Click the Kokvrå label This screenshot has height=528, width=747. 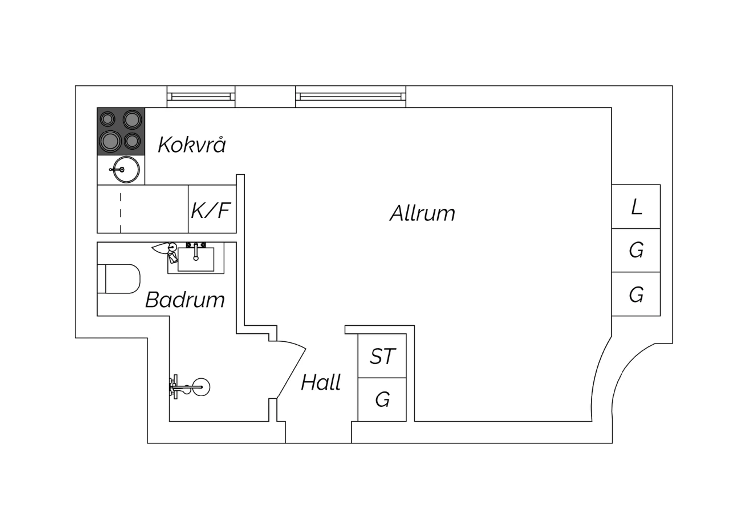tap(192, 145)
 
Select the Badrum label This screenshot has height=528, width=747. tap(185, 299)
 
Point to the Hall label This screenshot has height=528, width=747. tap(321, 382)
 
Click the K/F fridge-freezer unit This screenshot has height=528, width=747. tap(212, 209)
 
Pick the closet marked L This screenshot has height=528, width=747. tap(636, 206)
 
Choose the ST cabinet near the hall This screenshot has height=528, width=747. tap(382, 356)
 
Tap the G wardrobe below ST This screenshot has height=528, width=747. tap(382, 399)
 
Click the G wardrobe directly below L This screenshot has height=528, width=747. tap(636, 250)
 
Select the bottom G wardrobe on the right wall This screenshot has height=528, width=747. tap(636, 294)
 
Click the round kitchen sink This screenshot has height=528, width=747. tap(126, 170)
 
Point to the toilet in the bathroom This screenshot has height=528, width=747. tap(119, 279)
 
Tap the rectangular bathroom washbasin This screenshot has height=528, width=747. tap(196, 259)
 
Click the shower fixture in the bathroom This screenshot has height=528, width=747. tap(189, 387)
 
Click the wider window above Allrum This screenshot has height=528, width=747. tap(351, 97)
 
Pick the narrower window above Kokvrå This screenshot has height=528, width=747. tap(201, 97)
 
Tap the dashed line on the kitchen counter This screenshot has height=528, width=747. tap(121, 213)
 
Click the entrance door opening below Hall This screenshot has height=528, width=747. tap(319, 432)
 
